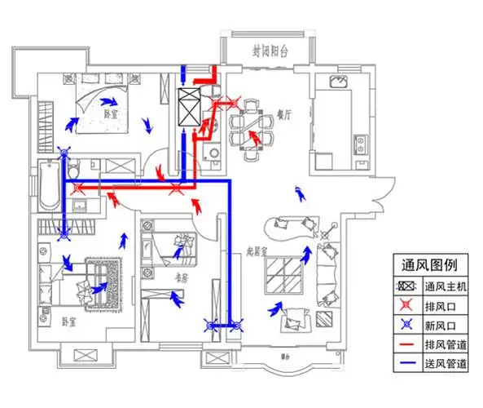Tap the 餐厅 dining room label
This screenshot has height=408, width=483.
click(283, 116)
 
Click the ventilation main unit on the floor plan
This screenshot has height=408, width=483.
click(189, 106)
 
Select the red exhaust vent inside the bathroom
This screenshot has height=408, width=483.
click(78, 188)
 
